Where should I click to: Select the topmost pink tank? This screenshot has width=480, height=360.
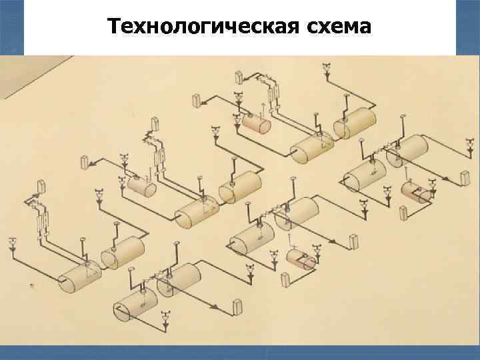coord(256,123)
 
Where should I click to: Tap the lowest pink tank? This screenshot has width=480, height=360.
coord(301,259)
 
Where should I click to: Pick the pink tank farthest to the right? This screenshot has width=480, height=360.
coord(416,193)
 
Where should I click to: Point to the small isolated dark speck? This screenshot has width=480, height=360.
coord(31,285)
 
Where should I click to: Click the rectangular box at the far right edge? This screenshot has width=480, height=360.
coord(465,177)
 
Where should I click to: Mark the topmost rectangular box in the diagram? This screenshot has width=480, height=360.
coord(197,101)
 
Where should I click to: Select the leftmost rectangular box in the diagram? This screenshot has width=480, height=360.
coord(41,187)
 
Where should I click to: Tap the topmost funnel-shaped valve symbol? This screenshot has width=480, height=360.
coord(326,67)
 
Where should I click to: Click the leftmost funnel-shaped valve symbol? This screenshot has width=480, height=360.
coord(13,242)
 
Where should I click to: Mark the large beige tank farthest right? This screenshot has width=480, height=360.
coord(408,149)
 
